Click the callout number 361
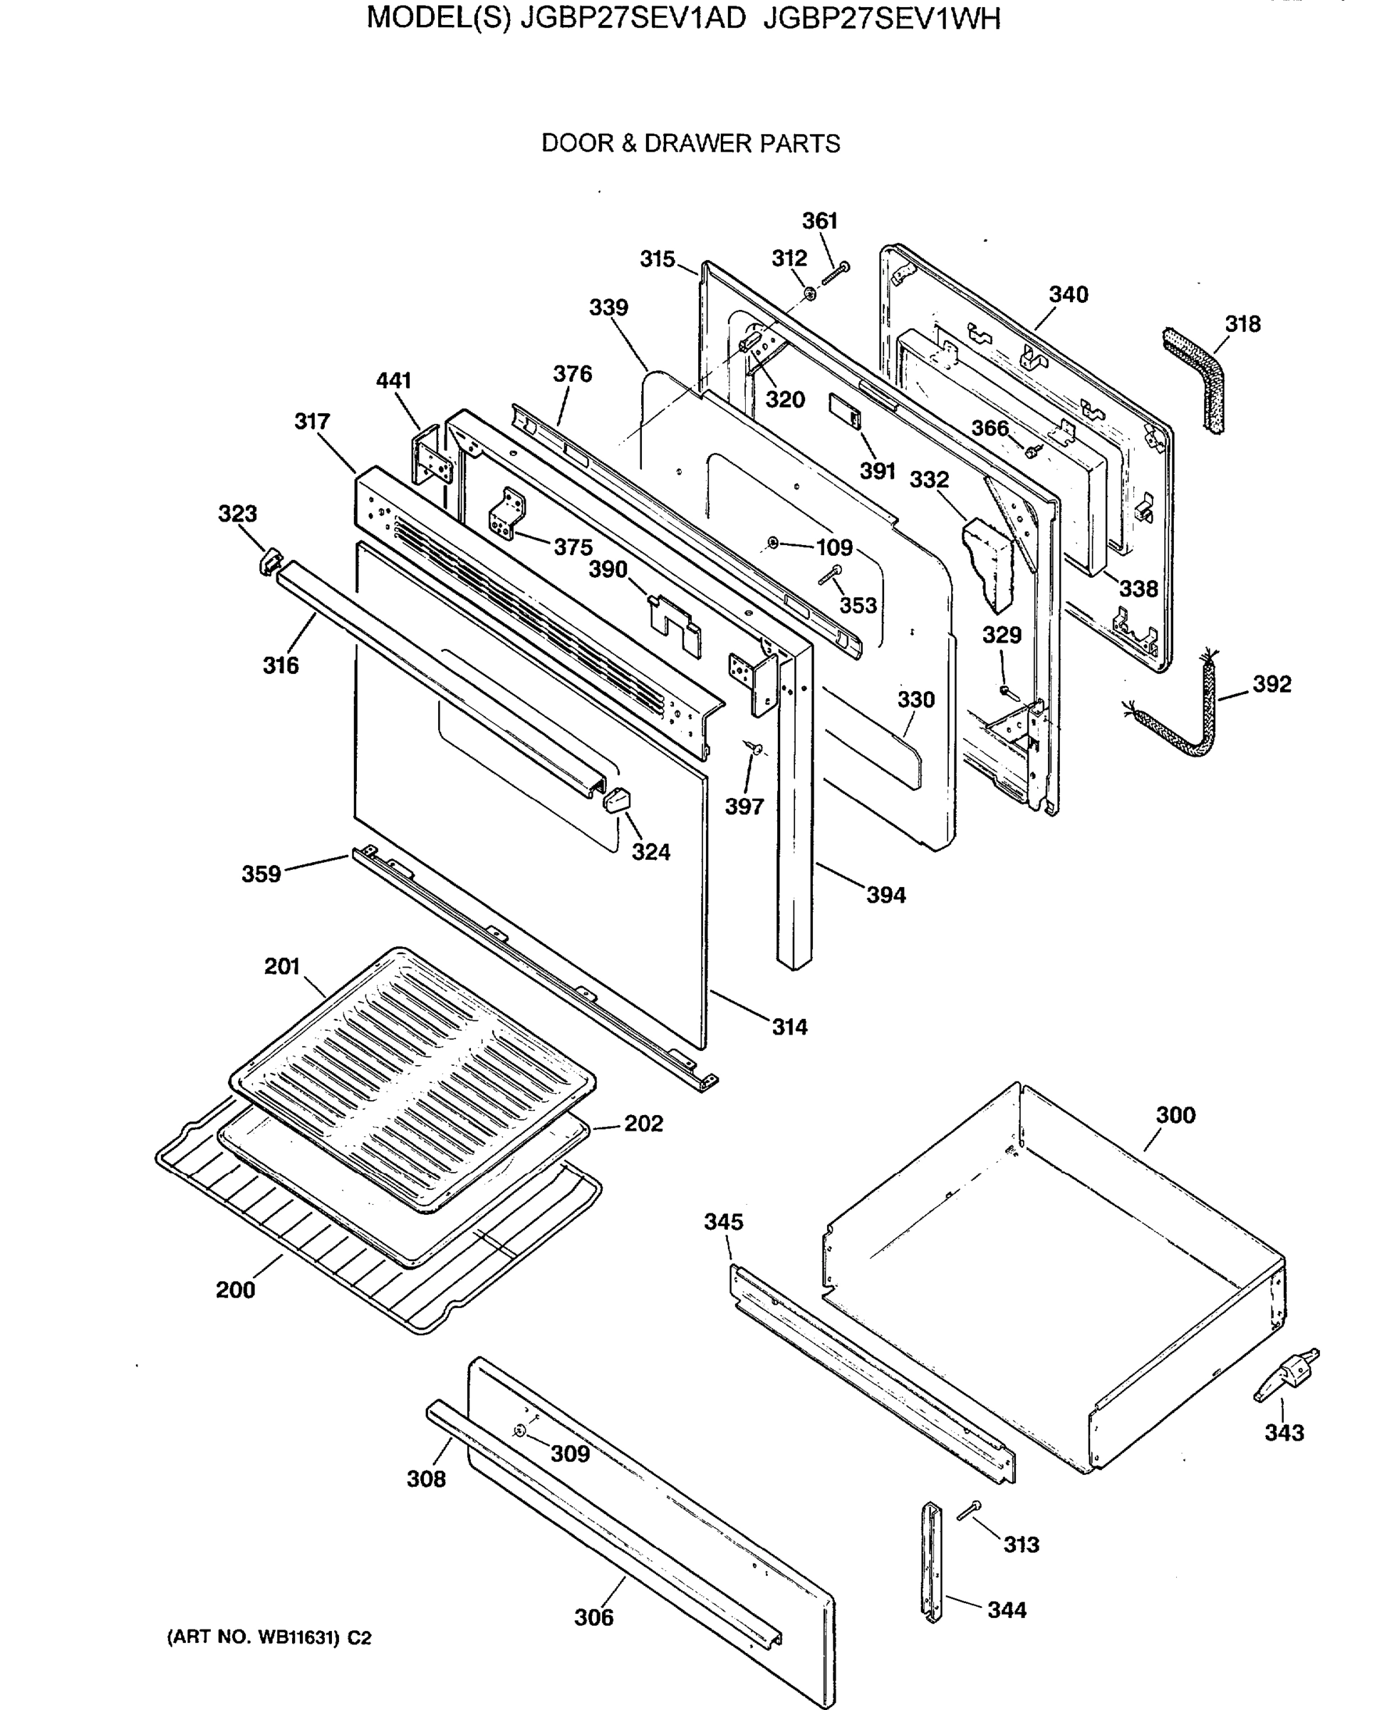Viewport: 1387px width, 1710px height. pos(819,221)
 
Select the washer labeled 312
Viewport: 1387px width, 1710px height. pos(810,294)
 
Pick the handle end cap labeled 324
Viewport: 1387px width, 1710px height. pos(618,799)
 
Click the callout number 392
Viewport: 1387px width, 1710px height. pos(1271,684)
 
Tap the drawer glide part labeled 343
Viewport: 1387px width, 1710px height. pos(1287,1374)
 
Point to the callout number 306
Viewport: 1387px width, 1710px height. pos(593,1617)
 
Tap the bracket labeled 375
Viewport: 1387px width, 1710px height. pos(507,514)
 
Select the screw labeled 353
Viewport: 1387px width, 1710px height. pos(829,574)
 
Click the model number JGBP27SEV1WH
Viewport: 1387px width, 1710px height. pos(881,18)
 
